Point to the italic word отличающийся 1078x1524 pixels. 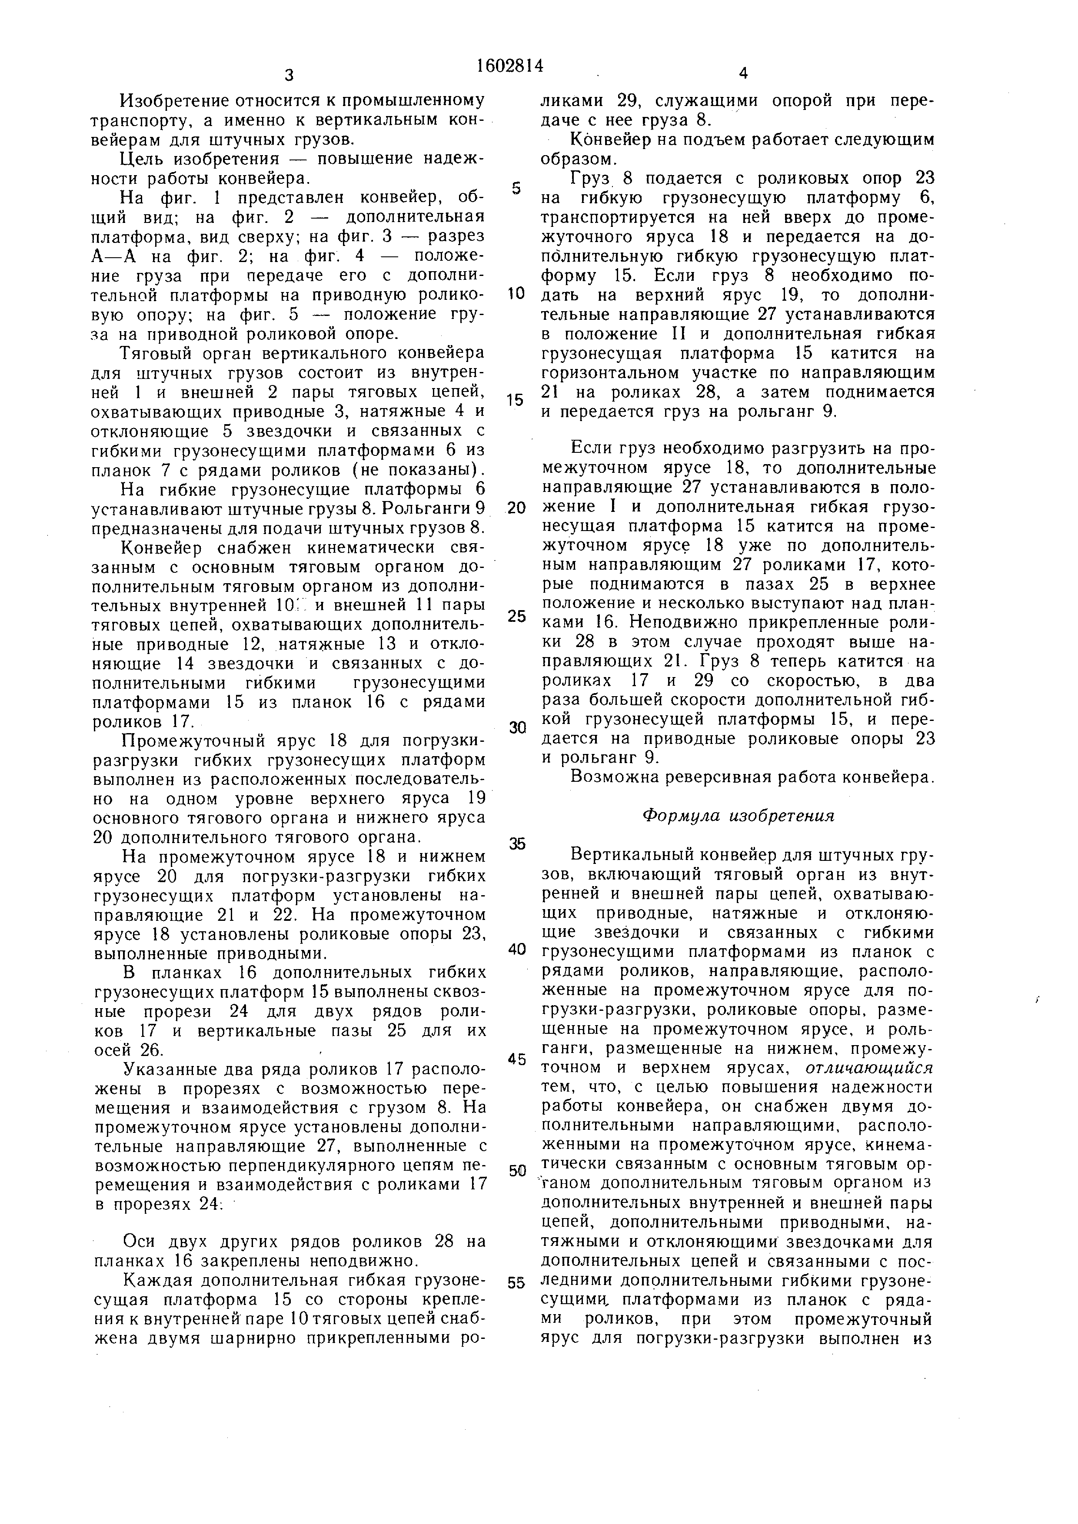[x=869, y=1068]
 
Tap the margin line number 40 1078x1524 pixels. [x=516, y=949]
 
